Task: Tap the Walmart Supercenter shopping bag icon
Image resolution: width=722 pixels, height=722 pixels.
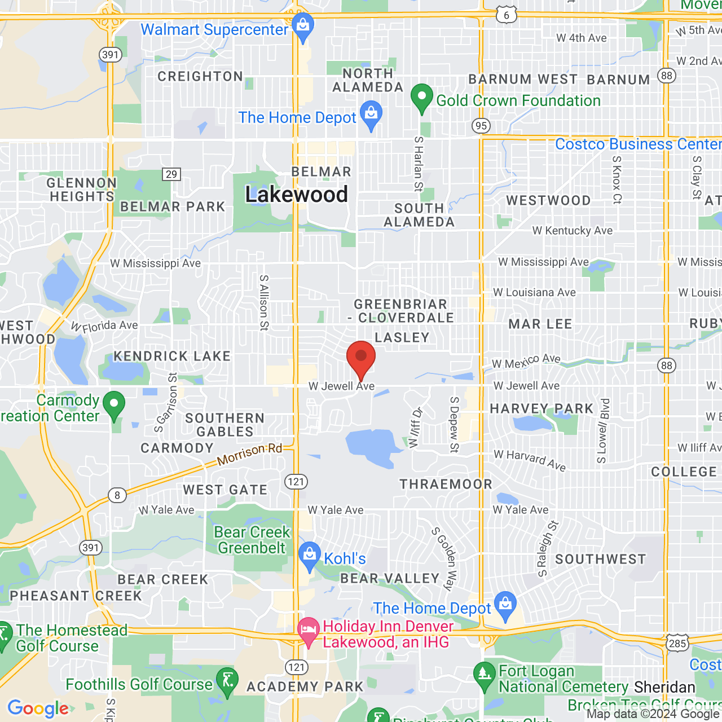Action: (x=303, y=26)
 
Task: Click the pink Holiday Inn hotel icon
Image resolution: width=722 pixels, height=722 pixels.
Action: (x=308, y=630)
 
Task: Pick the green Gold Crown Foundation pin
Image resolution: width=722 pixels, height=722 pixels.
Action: (x=421, y=98)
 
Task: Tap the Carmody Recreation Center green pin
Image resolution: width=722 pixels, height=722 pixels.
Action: (x=114, y=404)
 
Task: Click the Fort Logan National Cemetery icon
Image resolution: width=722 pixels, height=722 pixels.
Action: (x=484, y=675)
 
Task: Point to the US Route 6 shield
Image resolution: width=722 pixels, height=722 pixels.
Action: (x=506, y=15)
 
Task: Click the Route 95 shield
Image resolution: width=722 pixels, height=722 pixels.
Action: (x=481, y=125)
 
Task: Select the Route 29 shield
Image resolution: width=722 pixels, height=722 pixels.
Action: (x=171, y=174)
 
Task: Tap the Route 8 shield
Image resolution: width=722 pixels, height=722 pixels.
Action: (x=117, y=495)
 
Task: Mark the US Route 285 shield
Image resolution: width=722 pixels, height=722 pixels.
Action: (x=677, y=644)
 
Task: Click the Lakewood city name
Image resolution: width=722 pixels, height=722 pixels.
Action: (x=297, y=195)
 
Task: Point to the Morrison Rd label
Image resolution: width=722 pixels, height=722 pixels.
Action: (x=249, y=454)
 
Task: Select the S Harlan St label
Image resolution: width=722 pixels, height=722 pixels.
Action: (x=419, y=164)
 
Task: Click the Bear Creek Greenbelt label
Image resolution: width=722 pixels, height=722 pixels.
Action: (x=252, y=540)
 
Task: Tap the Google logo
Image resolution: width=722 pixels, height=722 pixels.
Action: (x=38, y=708)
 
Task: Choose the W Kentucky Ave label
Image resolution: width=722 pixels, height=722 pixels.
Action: (x=572, y=231)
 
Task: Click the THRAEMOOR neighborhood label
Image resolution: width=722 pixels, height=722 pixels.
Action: (x=446, y=484)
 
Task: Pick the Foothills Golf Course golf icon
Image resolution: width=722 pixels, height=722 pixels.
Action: (x=227, y=681)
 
